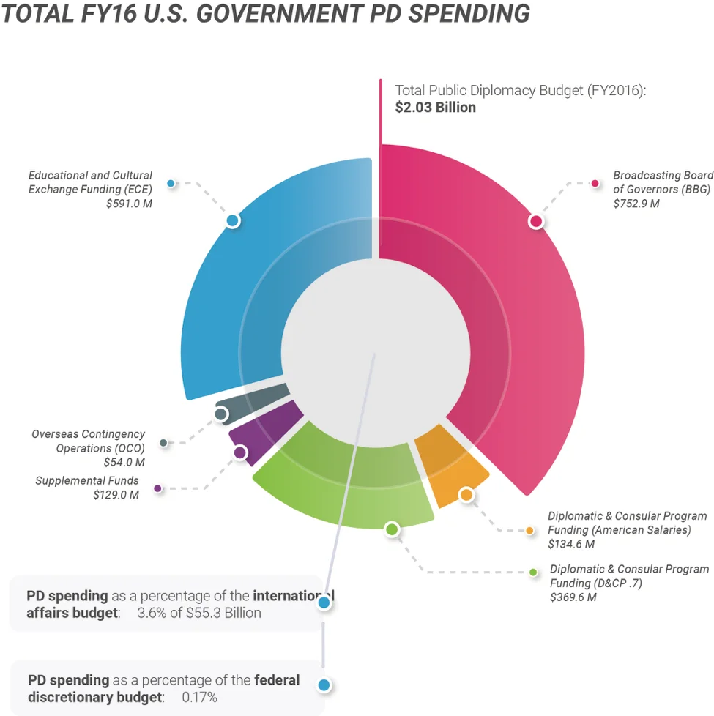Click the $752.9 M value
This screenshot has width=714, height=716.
[636, 204]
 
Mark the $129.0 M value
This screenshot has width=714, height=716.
[116, 494]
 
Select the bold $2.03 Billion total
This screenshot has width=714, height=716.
[436, 108]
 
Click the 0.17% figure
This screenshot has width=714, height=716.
[199, 697]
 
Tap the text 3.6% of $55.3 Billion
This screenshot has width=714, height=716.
[199, 613]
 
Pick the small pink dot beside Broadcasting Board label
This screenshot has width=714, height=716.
[595, 183]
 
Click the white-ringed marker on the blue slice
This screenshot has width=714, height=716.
[233, 220]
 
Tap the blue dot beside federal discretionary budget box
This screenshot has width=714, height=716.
[324, 686]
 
